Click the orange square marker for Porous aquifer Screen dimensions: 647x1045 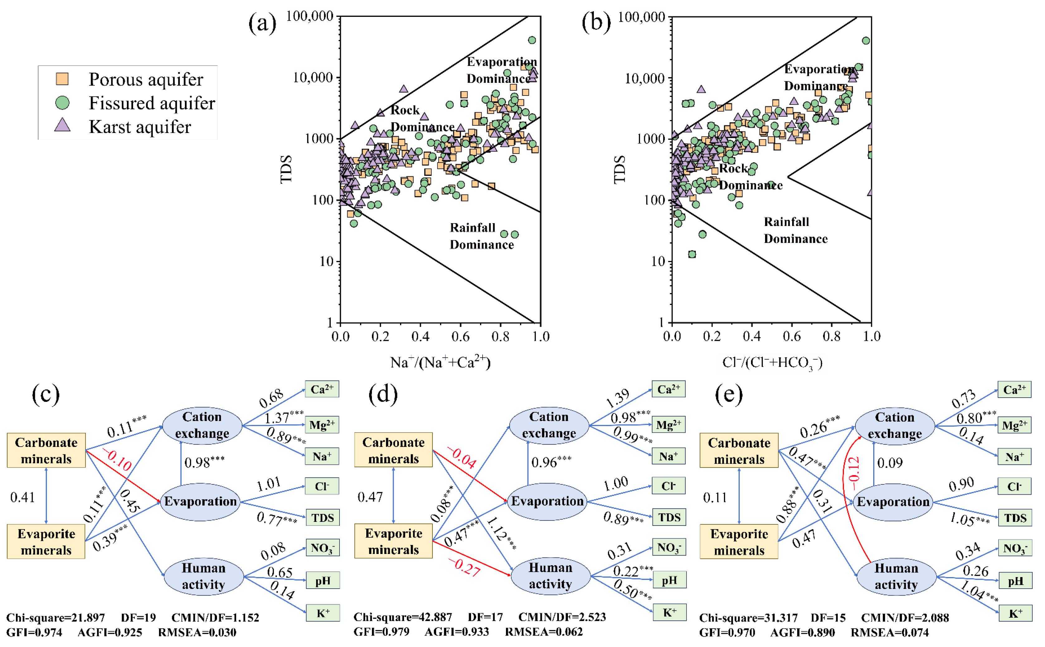tap(62, 79)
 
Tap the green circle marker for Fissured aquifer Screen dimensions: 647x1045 tap(62, 102)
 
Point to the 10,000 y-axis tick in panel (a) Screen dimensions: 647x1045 tap(313, 77)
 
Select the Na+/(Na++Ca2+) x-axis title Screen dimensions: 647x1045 tap(440, 362)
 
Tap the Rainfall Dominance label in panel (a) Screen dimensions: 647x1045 tap(481, 236)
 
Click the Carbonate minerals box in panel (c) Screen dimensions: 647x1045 tap(46, 450)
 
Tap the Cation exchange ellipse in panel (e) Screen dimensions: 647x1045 tap(894, 425)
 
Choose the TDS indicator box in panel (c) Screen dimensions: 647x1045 tap(322, 518)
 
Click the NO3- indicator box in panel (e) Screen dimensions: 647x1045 tap(1015, 548)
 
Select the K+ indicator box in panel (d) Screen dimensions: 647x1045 tap(669, 612)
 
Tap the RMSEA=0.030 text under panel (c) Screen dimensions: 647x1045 tap(197, 632)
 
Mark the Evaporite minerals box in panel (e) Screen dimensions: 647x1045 tap(739, 542)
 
